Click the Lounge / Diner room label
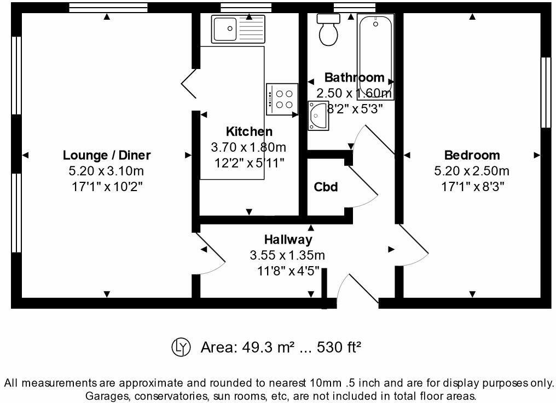pyautogui.click(x=107, y=155)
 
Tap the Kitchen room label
pyautogui.click(x=249, y=131)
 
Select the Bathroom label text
pyautogui.click(x=354, y=77)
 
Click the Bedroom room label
pyautogui.click(x=472, y=155)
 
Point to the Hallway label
pyautogui.click(x=288, y=239)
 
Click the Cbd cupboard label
pyautogui.click(x=326, y=187)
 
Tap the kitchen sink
pyautogui.click(x=239, y=28)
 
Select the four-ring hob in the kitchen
pyautogui.click(x=282, y=99)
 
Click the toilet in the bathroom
pyautogui.click(x=329, y=31)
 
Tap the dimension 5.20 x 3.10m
pyautogui.click(x=107, y=171)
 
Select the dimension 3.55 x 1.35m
pyautogui.click(x=288, y=255)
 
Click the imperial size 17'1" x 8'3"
pyautogui.click(x=472, y=186)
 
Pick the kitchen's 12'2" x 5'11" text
pyautogui.click(x=249, y=163)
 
